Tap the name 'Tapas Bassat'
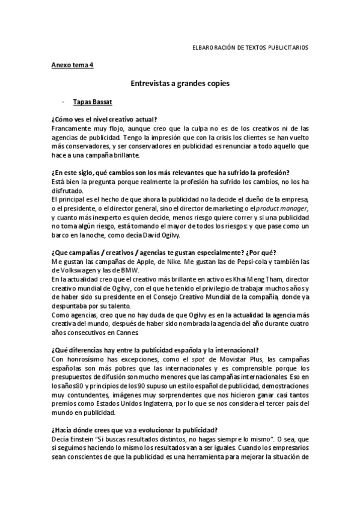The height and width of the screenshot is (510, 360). click(x=92, y=102)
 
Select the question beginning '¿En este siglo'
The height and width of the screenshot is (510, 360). click(x=171, y=173)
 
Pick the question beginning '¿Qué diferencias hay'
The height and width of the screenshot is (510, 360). click(x=155, y=350)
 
